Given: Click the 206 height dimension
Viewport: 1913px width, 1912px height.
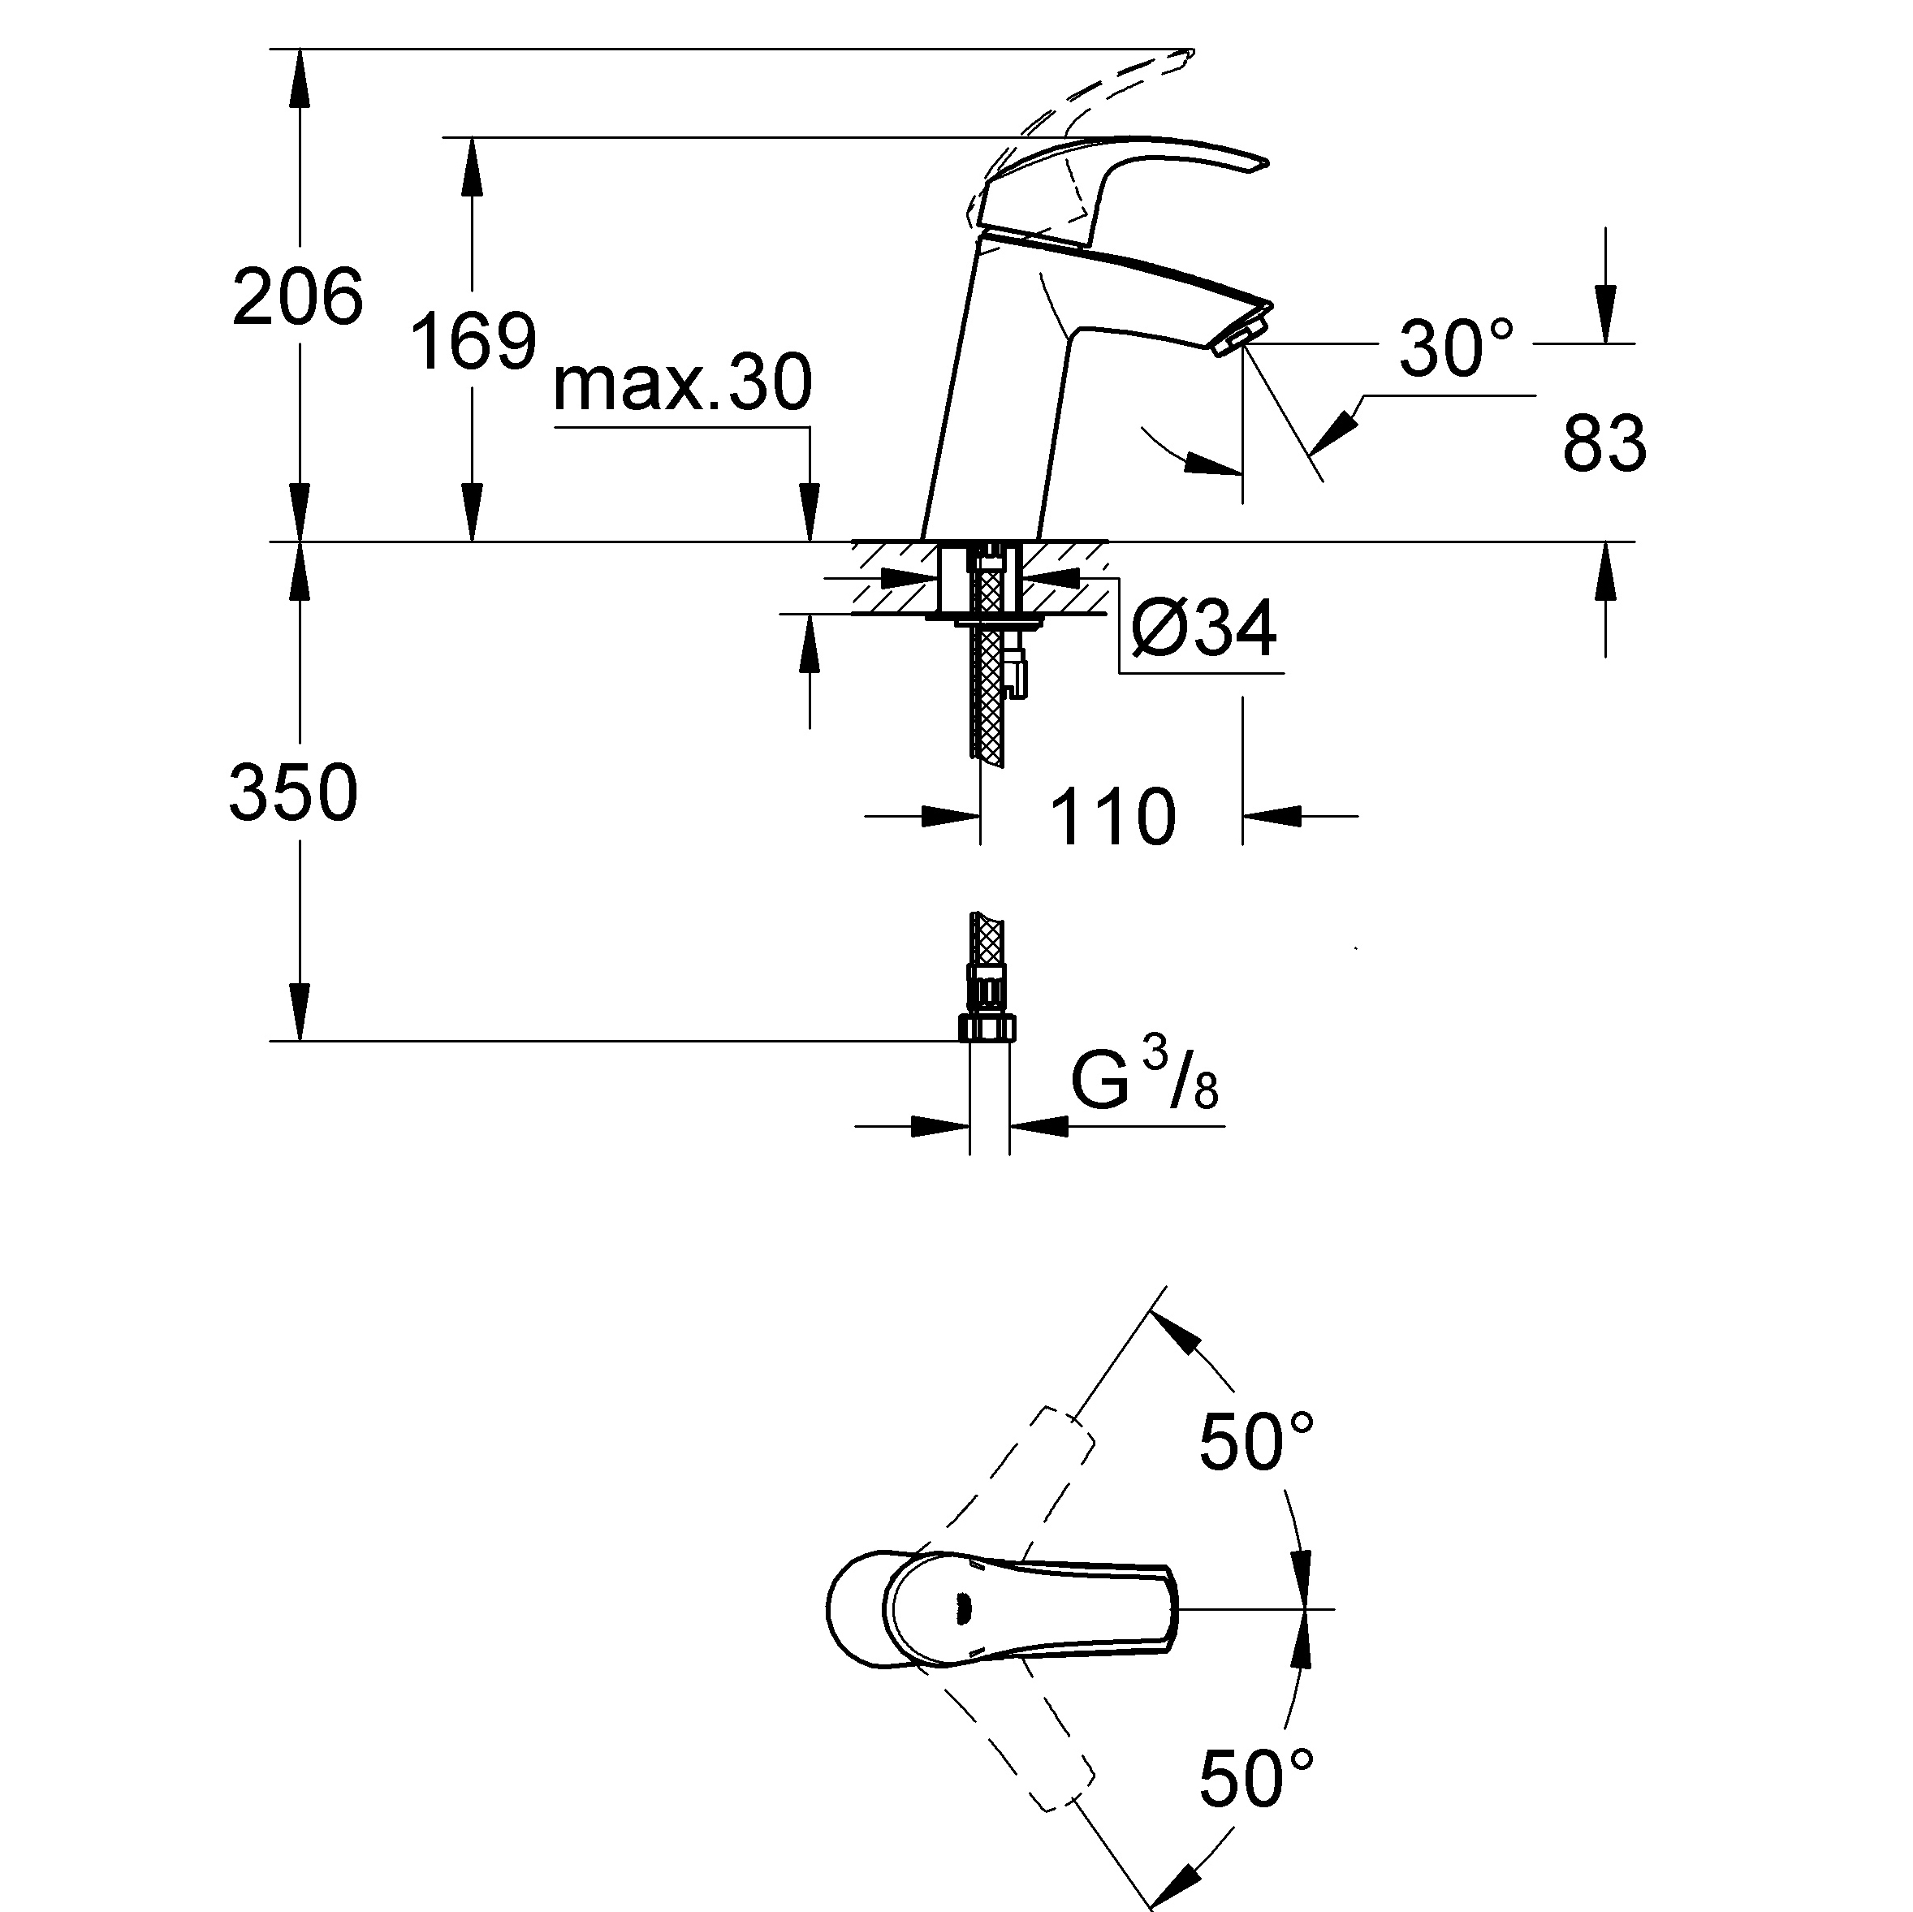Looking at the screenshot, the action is pyautogui.click(x=298, y=297).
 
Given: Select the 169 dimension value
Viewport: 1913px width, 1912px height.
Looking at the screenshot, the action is pyautogui.click(x=473, y=342).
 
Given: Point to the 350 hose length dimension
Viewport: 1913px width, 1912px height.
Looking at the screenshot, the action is pyautogui.click(x=293, y=793).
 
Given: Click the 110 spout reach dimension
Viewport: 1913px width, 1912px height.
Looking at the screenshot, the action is pyautogui.click(x=1112, y=818).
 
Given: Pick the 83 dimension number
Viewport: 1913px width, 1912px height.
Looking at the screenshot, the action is pyautogui.click(x=1604, y=442).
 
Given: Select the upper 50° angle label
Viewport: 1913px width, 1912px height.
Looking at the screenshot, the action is pyautogui.click(x=1256, y=1443).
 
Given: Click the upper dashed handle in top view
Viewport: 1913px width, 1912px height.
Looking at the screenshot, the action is pyautogui.click(x=1030, y=1485).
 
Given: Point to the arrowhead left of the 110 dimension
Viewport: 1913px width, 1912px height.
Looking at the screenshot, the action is pyautogui.click(x=952, y=817).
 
